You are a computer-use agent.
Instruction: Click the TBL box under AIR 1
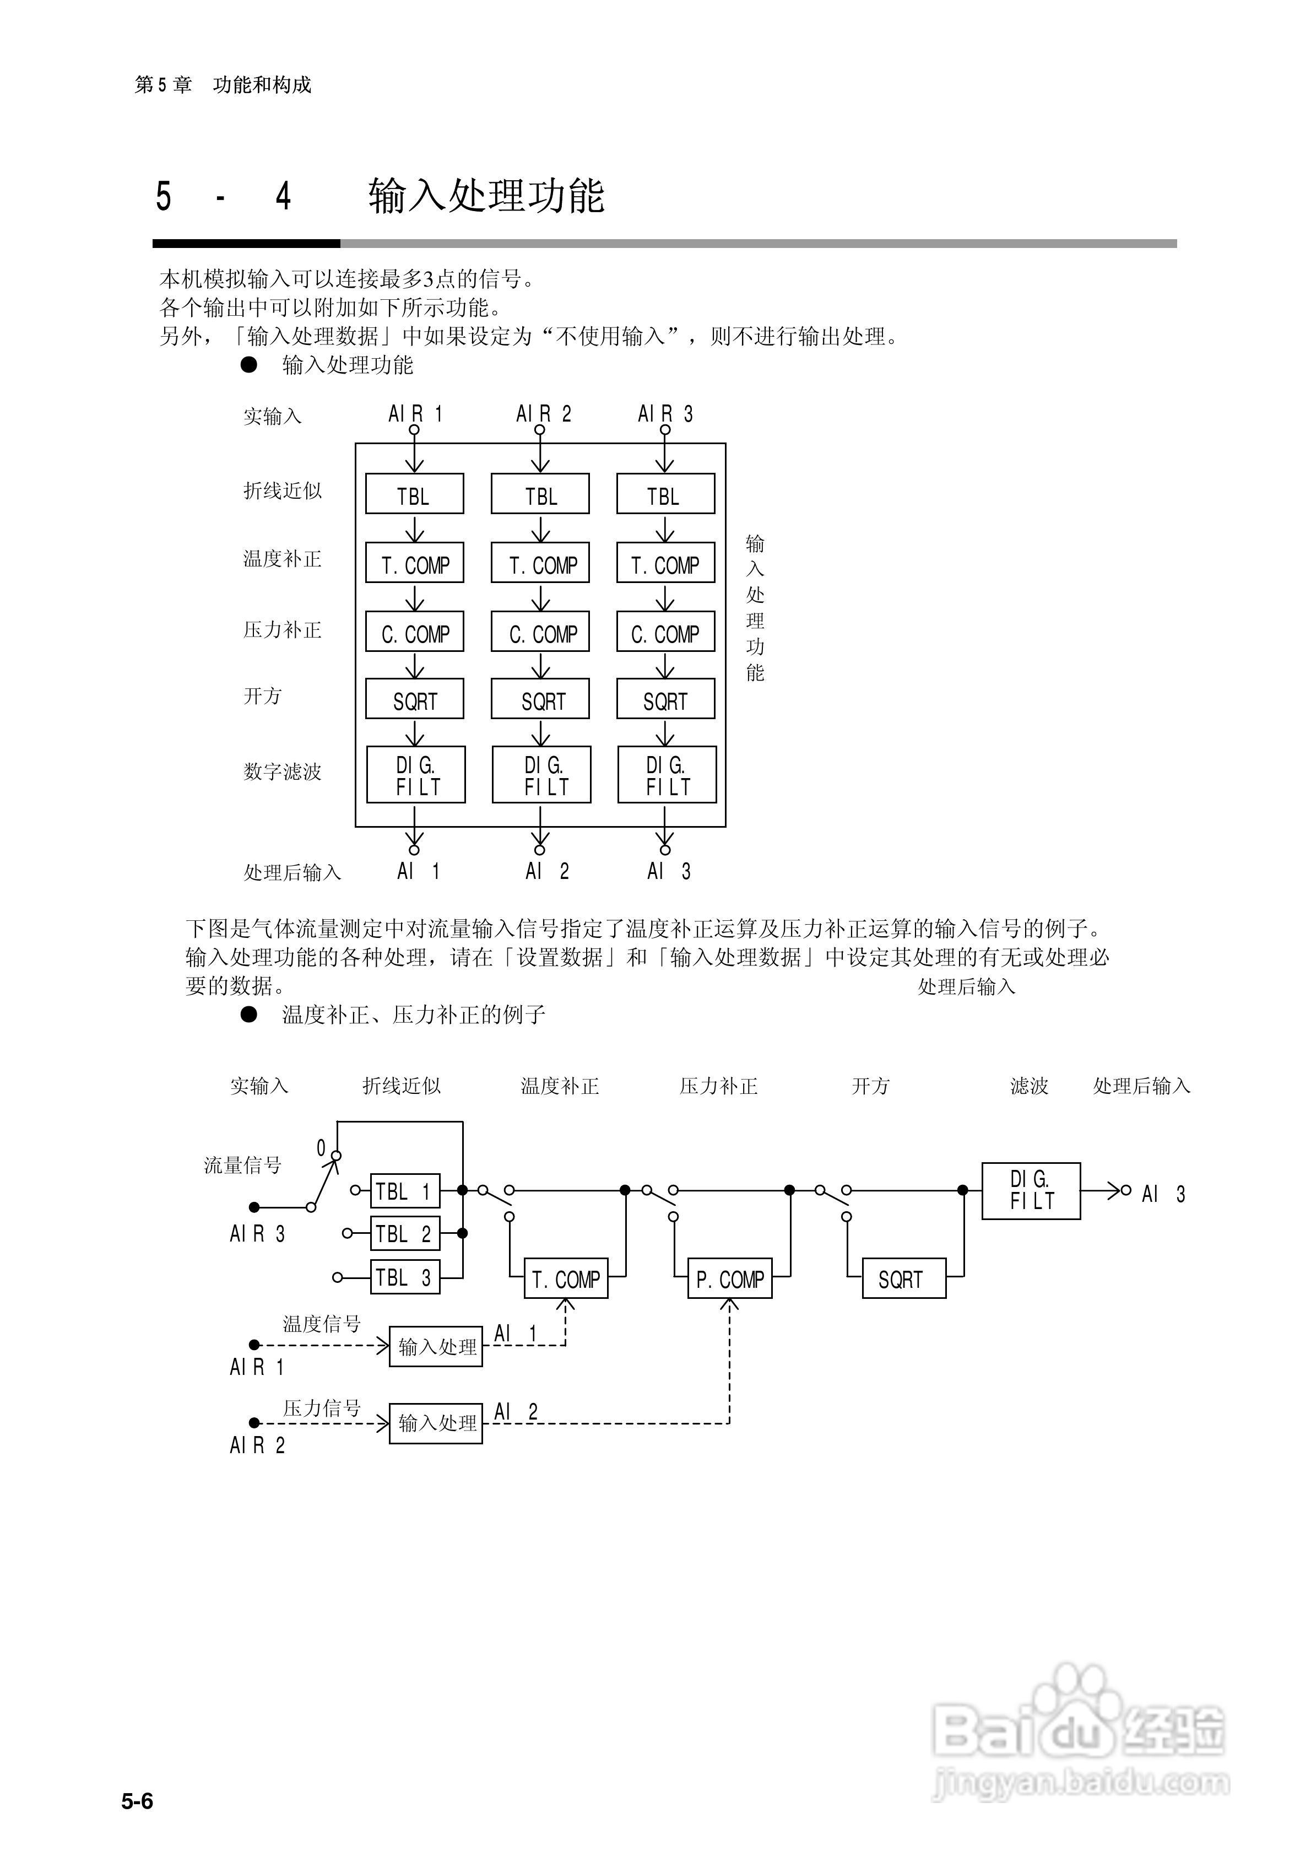point(414,494)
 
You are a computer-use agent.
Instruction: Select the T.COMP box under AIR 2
point(540,563)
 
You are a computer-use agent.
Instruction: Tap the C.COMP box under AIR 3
point(665,632)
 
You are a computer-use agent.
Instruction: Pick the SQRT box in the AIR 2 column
point(540,699)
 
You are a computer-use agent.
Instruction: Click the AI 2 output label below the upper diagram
point(546,871)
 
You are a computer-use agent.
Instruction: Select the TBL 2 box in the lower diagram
point(405,1233)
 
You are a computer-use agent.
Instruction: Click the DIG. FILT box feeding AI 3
point(1031,1191)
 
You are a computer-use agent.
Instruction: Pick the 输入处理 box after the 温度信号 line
point(436,1347)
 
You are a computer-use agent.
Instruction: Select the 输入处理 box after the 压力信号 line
point(436,1423)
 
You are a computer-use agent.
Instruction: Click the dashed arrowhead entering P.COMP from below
point(729,1304)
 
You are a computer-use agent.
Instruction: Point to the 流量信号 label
point(242,1165)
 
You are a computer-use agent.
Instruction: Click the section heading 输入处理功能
point(486,196)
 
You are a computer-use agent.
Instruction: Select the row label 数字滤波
point(282,771)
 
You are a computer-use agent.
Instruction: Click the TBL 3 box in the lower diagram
point(405,1277)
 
